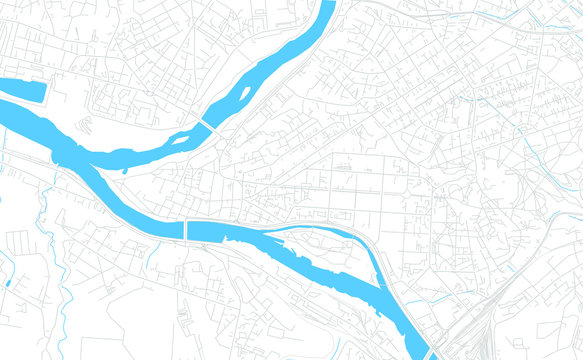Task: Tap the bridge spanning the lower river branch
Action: click(x=186, y=230)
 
